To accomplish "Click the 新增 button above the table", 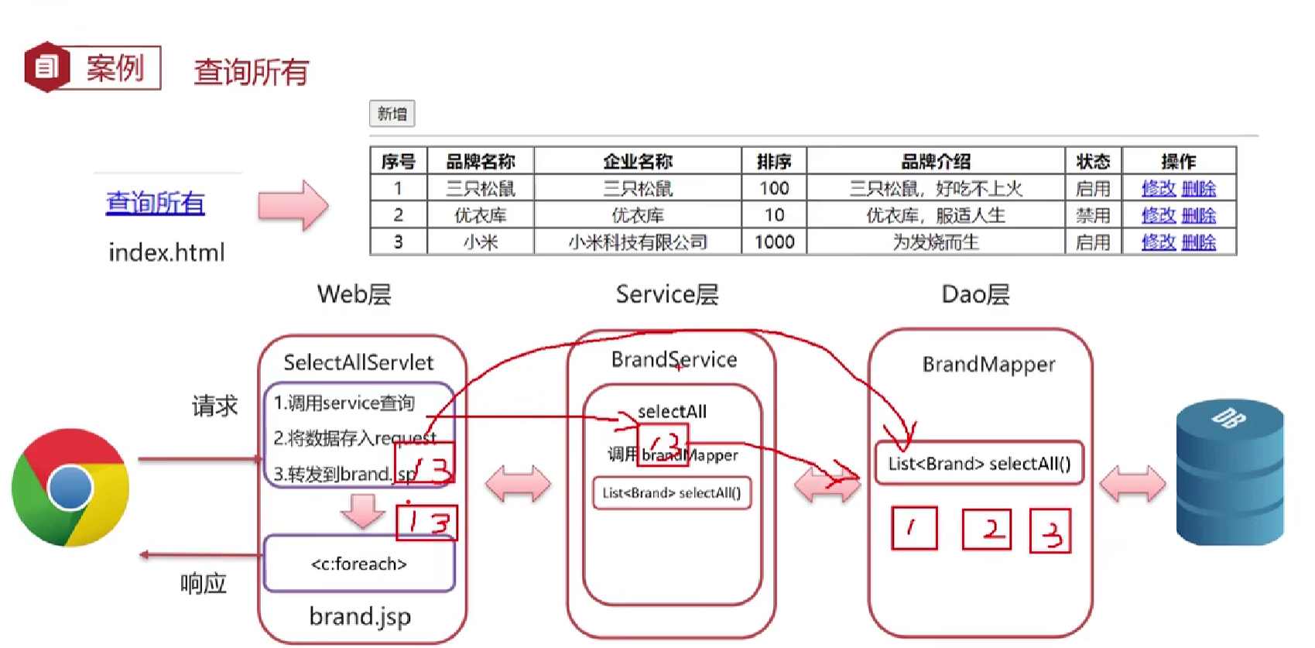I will (392, 114).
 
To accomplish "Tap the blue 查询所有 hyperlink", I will (156, 203).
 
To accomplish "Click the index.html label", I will (166, 252).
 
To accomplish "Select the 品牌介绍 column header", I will (935, 161).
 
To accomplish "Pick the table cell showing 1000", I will (774, 242).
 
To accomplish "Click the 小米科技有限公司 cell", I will (638, 242).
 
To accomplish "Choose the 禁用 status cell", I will (1093, 215).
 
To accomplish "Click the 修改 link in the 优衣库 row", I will (1158, 215).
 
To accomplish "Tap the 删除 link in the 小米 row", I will (1199, 242).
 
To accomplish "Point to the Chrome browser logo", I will (70, 488).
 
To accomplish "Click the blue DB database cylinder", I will (1229, 472).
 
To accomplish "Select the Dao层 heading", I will (975, 294).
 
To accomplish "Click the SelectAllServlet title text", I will (358, 362).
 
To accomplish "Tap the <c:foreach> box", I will (359, 564).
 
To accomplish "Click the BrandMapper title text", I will (988, 364).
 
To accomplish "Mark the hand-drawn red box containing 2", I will (986, 530).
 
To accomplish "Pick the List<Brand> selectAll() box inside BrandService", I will (672, 493).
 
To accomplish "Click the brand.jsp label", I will (360, 616).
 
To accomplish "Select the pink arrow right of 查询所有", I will (293, 205).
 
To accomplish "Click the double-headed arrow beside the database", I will (1132, 485).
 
